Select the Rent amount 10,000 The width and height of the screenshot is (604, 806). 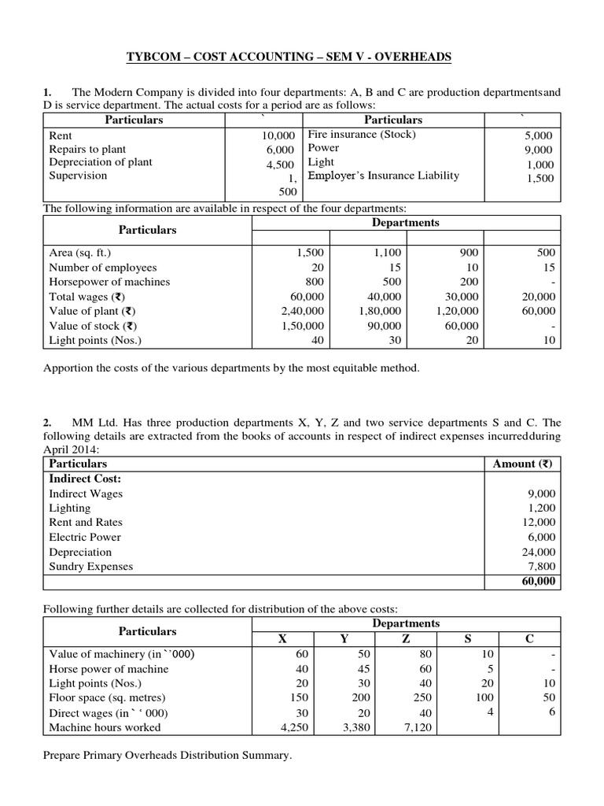coord(278,135)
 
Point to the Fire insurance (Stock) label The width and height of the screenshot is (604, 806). coord(362,134)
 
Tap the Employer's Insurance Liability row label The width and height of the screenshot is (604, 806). coord(383,176)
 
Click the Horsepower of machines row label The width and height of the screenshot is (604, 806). coord(109,282)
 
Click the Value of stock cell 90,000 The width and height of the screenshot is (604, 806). coord(383,326)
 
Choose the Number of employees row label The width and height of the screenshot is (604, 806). coord(103,268)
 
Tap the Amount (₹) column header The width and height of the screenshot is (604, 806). coord(522,464)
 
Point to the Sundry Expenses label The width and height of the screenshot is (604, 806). coord(91,566)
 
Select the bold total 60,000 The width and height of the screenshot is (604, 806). coord(538,582)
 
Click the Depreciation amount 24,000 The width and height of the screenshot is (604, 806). coord(539,552)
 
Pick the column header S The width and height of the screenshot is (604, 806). coord(468,639)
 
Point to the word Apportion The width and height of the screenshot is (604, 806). coord(69,368)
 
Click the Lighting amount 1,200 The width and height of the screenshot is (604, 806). coord(541,508)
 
